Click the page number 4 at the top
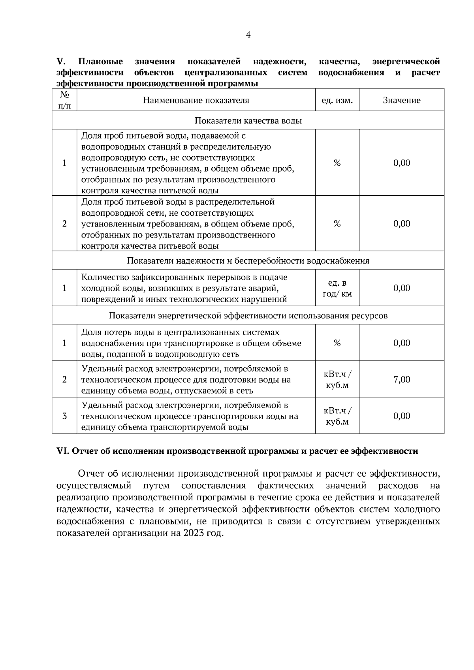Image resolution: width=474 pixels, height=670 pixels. point(248,35)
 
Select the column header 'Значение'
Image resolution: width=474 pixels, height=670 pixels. point(401,100)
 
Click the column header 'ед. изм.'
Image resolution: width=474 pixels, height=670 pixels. point(337,100)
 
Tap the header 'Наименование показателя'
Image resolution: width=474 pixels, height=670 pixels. point(196,100)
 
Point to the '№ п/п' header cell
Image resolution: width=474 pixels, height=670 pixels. point(64,100)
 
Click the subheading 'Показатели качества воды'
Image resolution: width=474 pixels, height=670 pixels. point(248,121)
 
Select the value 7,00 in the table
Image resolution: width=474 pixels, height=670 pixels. point(402,380)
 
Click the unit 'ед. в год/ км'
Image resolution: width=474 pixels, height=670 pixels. point(337,288)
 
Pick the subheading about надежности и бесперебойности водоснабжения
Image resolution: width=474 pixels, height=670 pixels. point(248,261)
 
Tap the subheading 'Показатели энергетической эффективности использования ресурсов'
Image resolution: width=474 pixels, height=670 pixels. point(248,316)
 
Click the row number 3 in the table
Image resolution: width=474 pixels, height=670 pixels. point(64,416)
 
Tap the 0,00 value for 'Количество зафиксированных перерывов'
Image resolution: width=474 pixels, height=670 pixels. point(402,288)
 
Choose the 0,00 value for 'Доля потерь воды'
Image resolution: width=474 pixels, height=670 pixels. point(402,343)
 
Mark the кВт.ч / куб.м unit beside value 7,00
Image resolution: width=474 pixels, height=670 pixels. point(337,380)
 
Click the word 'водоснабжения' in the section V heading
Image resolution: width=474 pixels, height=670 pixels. point(351,73)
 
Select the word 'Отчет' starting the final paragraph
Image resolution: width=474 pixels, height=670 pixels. point(91,473)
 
